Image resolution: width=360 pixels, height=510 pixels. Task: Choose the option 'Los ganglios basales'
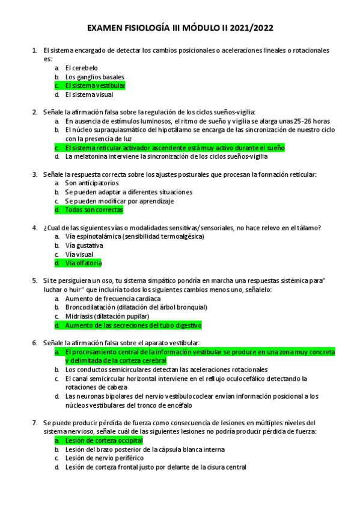click(x=94, y=77)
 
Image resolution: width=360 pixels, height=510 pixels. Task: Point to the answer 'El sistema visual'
click(x=89, y=94)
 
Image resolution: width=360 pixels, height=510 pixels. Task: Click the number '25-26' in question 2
click(x=288, y=121)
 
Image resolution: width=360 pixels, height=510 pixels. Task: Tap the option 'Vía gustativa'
click(x=84, y=245)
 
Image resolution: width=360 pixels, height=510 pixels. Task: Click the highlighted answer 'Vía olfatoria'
click(x=84, y=263)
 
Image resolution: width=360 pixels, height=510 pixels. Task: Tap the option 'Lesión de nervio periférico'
click(x=105, y=458)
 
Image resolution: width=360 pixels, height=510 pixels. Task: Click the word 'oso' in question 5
click(x=104, y=281)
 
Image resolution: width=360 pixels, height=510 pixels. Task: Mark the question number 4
click(x=35, y=228)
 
